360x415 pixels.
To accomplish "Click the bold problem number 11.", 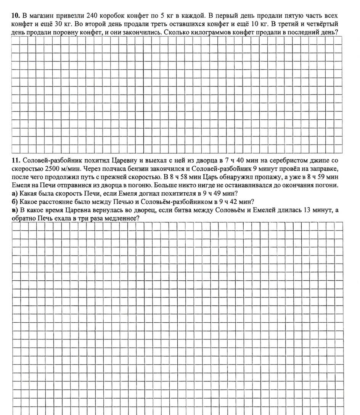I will point(16,161).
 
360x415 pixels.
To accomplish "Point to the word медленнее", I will point(123,219).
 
